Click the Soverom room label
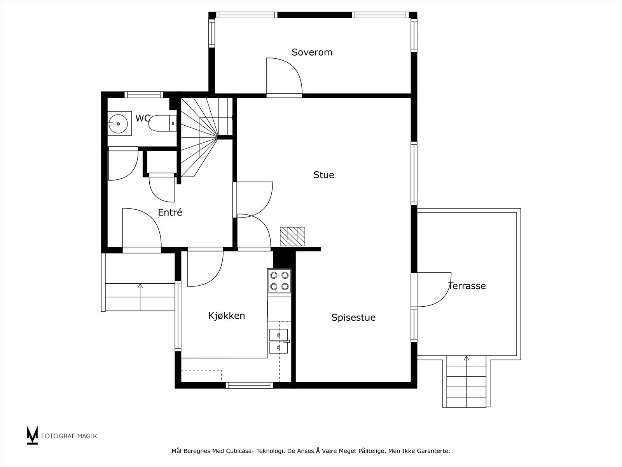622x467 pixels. (x=312, y=52)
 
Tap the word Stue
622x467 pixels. (x=323, y=175)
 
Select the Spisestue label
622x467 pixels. (x=353, y=318)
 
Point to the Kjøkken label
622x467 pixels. (x=226, y=316)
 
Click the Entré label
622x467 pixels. (x=170, y=212)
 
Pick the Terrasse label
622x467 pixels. (x=467, y=286)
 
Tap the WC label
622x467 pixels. (x=143, y=118)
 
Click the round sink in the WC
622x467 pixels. (x=119, y=123)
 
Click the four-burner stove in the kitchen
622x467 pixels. (x=279, y=281)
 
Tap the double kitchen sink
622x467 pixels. (x=279, y=341)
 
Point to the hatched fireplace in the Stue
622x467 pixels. (x=292, y=237)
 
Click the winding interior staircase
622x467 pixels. (x=206, y=137)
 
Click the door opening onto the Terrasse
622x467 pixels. (x=431, y=290)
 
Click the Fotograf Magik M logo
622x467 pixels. (x=32, y=435)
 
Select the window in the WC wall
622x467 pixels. (x=144, y=95)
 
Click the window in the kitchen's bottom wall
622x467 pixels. (x=249, y=385)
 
